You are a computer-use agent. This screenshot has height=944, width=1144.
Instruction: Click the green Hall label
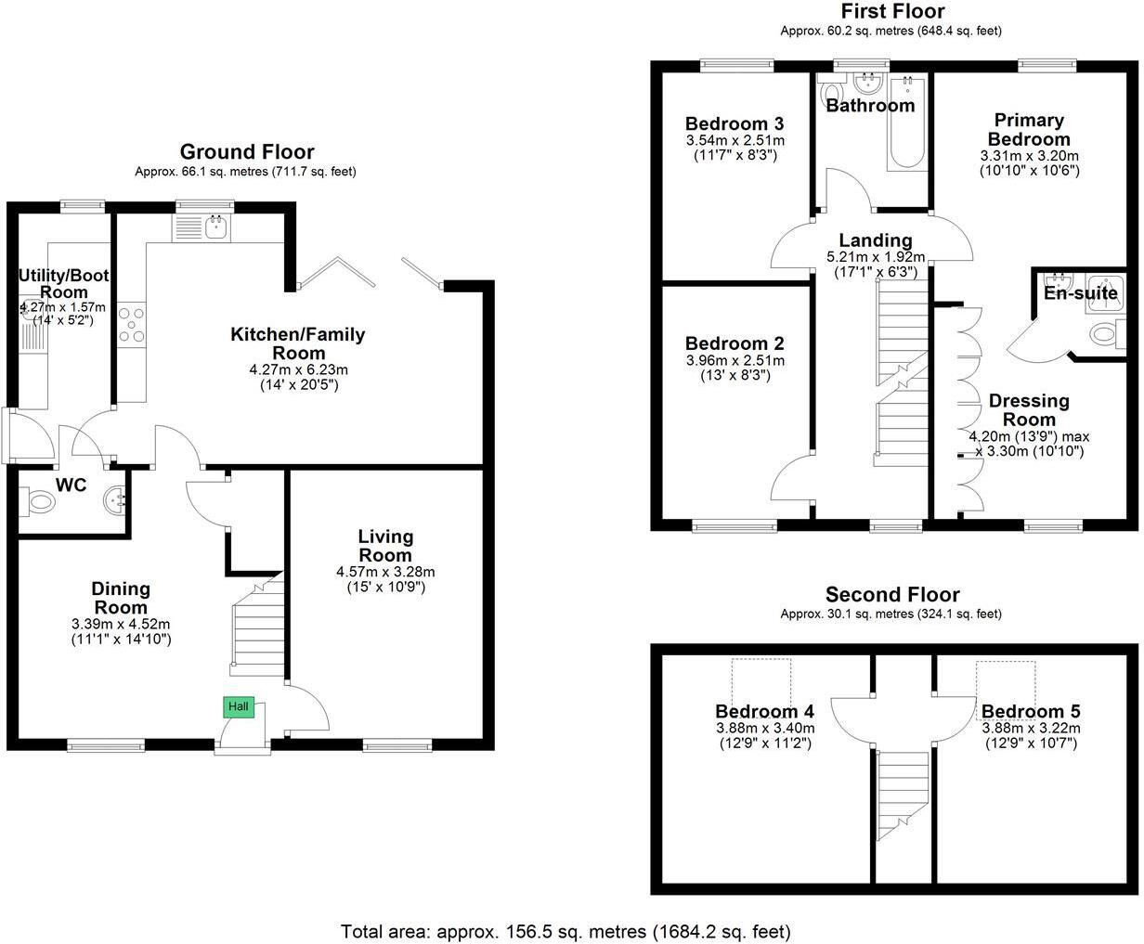pos(239,707)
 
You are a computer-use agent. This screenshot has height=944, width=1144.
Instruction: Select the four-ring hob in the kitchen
pos(132,324)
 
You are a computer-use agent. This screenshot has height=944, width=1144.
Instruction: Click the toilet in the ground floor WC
pos(40,503)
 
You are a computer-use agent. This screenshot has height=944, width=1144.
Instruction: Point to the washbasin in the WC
pos(116,501)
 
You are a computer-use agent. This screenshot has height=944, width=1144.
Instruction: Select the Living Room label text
pos(385,546)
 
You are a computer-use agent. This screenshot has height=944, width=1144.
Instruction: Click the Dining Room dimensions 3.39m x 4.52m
pos(121,624)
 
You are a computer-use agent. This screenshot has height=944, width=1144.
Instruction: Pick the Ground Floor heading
pos(246,152)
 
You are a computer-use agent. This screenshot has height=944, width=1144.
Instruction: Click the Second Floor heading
pos(892,595)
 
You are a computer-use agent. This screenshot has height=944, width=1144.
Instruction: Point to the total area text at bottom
pos(565,930)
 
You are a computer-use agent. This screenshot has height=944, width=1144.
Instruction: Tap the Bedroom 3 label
pos(734,124)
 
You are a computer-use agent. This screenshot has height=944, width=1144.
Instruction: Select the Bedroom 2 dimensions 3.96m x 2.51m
pos(734,360)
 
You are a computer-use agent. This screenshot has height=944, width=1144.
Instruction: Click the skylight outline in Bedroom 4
pos(761,681)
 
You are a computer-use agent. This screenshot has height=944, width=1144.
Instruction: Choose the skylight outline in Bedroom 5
pos(1006,681)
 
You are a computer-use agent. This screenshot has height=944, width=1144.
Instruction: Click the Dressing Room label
pos(1029,409)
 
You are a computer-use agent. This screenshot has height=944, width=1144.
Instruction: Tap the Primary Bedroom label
pos(1029,129)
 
